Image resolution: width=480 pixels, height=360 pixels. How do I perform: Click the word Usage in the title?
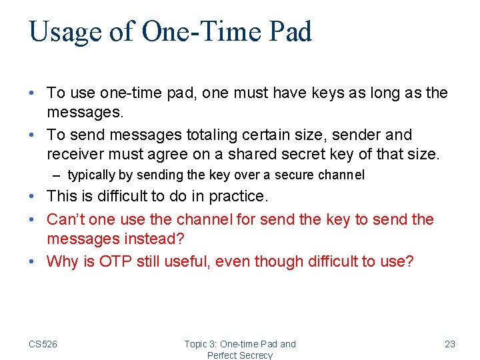pyautogui.click(x=65, y=32)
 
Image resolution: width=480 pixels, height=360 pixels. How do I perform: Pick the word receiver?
pyautogui.click(x=73, y=155)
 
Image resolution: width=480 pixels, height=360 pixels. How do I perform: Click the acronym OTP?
pyautogui.click(x=116, y=261)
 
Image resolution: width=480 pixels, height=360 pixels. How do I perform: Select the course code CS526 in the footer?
pyautogui.click(x=43, y=344)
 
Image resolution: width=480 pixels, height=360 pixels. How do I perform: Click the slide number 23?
pyautogui.click(x=449, y=344)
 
